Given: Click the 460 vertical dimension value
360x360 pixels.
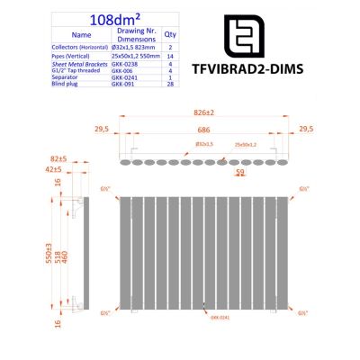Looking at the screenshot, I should click(x=66, y=254).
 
